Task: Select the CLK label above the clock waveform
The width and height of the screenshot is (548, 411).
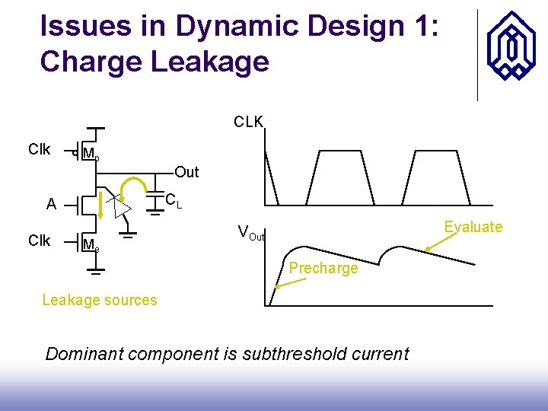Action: pos(248,122)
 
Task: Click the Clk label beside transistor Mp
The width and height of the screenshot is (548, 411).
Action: pos(39,149)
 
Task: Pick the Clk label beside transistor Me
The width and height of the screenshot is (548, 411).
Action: pos(39,241)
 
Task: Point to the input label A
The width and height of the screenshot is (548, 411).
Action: pos(51,204)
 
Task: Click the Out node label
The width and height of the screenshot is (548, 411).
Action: pos(186,172)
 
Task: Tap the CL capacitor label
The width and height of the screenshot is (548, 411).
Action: pos(173,201)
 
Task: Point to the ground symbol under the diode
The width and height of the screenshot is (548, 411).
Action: pos(128,235)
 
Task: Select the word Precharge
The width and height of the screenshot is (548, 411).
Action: pos(323,268)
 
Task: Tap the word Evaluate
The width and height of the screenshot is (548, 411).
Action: pos(473,227)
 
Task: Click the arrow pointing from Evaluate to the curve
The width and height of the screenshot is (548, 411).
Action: pos(437,241)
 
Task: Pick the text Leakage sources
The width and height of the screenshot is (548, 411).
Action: pos(100,300)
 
